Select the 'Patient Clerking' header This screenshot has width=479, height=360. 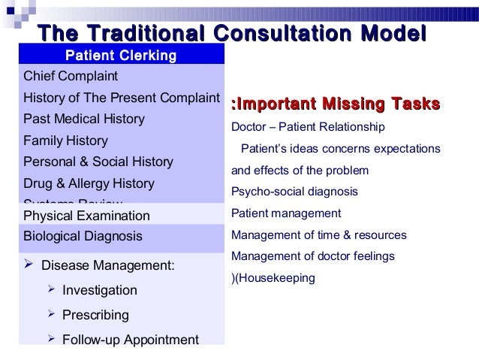pyautogui.click(x=121, y=56)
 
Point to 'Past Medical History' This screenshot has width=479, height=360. pyautogui.click(x=85, y=119)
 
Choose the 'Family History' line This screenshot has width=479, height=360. pyautogui.click(x=66, y=141)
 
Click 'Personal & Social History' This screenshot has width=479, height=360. pyautogui.click(x=98, y=162)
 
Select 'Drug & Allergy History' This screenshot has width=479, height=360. pyautogui.click(x=89, y=183)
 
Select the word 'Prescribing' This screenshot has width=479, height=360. pyautogui.click(x=95, y=314)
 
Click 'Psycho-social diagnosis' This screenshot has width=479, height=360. pyautogui.click(x=295, y=191)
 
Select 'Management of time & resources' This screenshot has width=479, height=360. pyautogui.click(x=319, y=234)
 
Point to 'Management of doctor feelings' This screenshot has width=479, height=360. pyautogui.click(x=313, y=256)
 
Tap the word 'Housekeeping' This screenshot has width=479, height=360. pyautogui.click(x=277, y=277)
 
